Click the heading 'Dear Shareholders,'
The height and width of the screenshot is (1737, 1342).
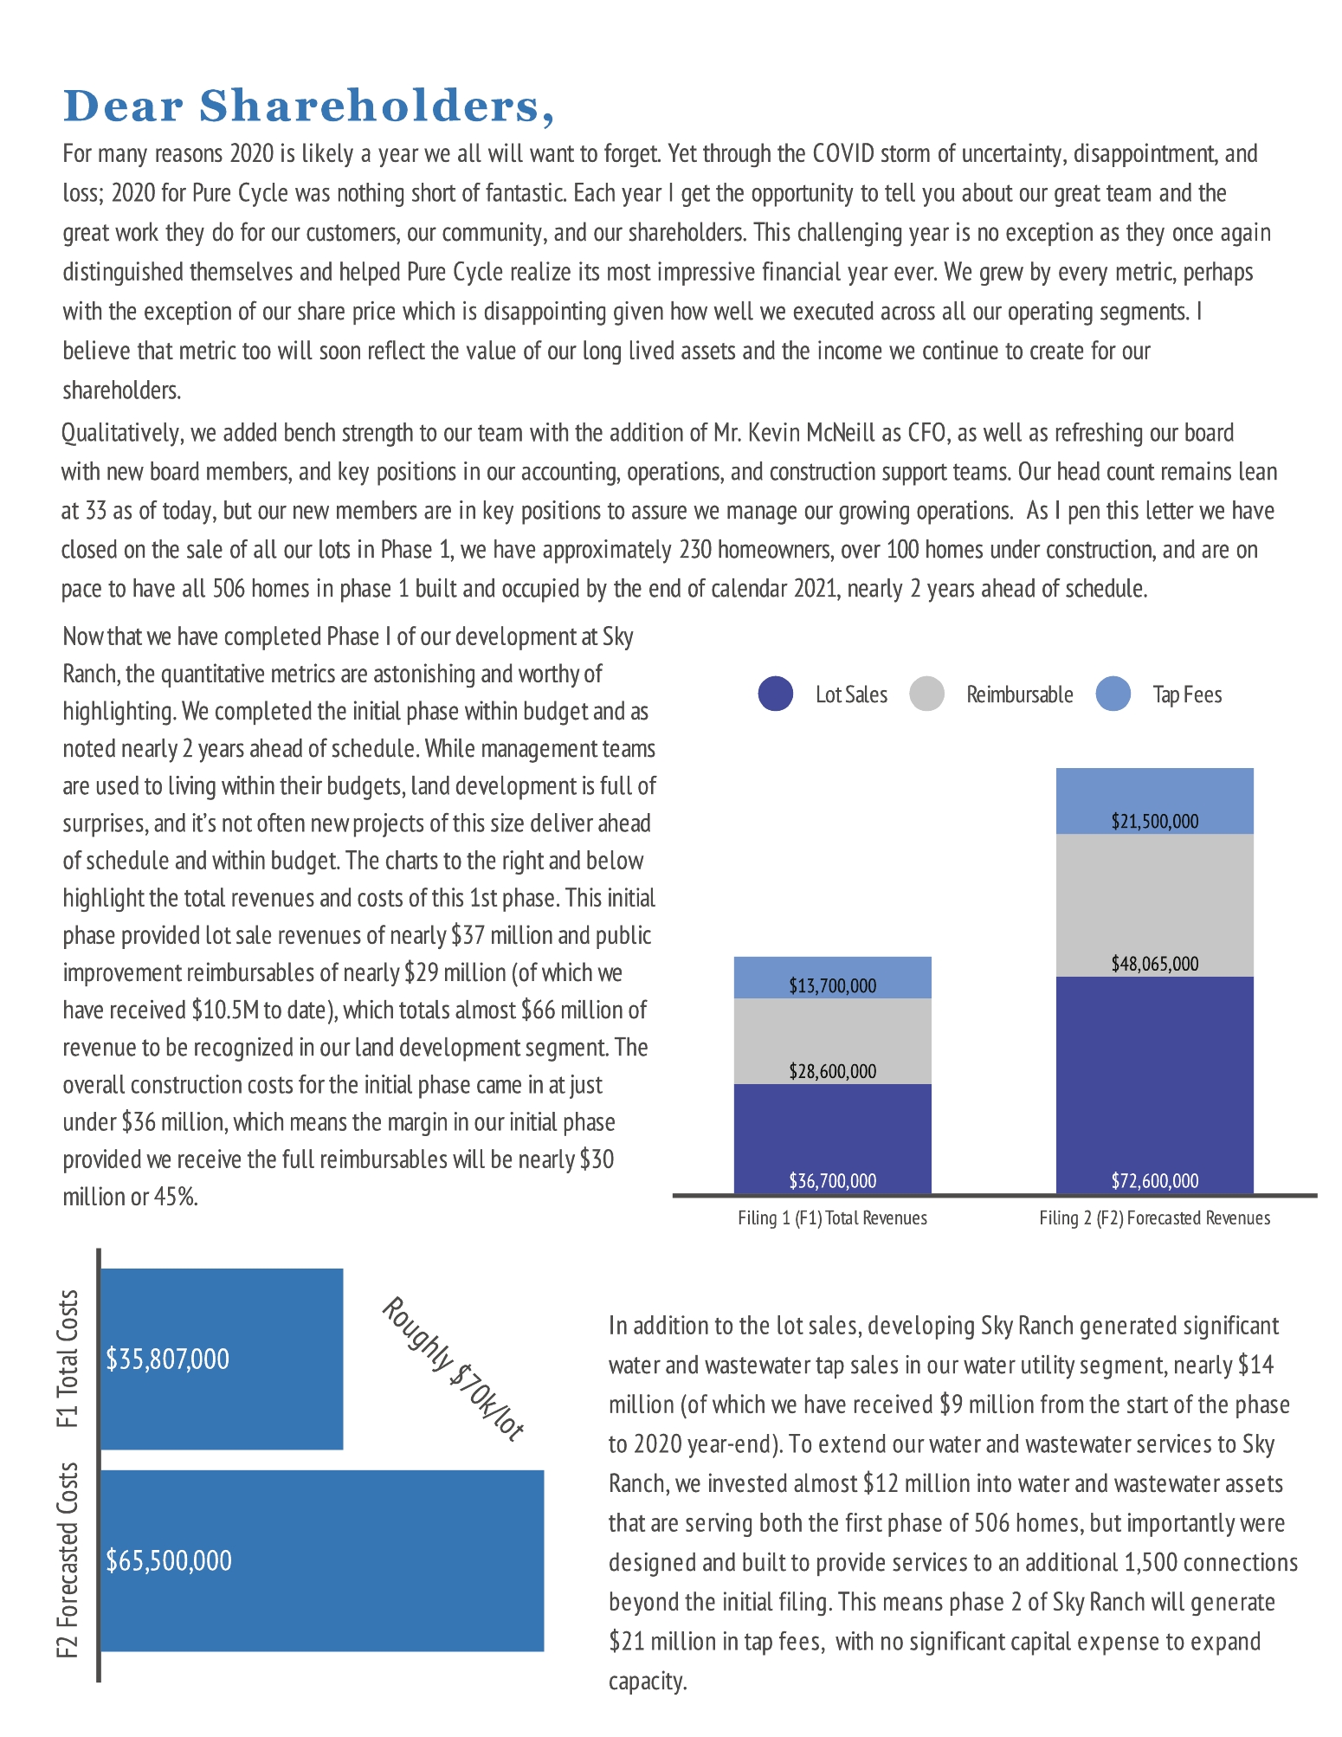(308, 107)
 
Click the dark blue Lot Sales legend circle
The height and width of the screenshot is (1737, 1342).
(776, 694)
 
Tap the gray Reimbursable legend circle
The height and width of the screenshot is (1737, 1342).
(926, 694)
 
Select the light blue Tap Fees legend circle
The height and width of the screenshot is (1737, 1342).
(1113, 694)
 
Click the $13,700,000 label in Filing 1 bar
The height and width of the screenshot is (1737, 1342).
(832, 985)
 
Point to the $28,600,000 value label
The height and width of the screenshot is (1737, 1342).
(832, 1071)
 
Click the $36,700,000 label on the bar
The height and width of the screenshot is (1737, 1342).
(832, 1180)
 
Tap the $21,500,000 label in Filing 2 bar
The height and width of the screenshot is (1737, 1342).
(1155, 821)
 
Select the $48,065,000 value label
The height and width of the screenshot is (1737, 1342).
(1155, 964)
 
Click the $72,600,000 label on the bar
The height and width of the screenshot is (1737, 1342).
(1155, 1180)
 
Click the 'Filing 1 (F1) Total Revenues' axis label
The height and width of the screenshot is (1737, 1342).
(832, 1218)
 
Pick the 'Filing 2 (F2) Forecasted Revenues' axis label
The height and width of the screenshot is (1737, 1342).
(1155, 1218)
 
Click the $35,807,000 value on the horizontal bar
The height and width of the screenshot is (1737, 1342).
(168, 1359)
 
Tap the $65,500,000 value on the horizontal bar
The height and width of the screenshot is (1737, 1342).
(169, 1560)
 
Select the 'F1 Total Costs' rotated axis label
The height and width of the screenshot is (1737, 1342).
(68, 1358)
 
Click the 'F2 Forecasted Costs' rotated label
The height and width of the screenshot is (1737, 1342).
(68, 1560)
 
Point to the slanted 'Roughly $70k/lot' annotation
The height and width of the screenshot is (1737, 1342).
(453, 1369)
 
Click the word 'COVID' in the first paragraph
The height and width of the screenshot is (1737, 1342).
(839, 153)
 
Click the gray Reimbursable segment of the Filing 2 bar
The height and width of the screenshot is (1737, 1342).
(1155, 905)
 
